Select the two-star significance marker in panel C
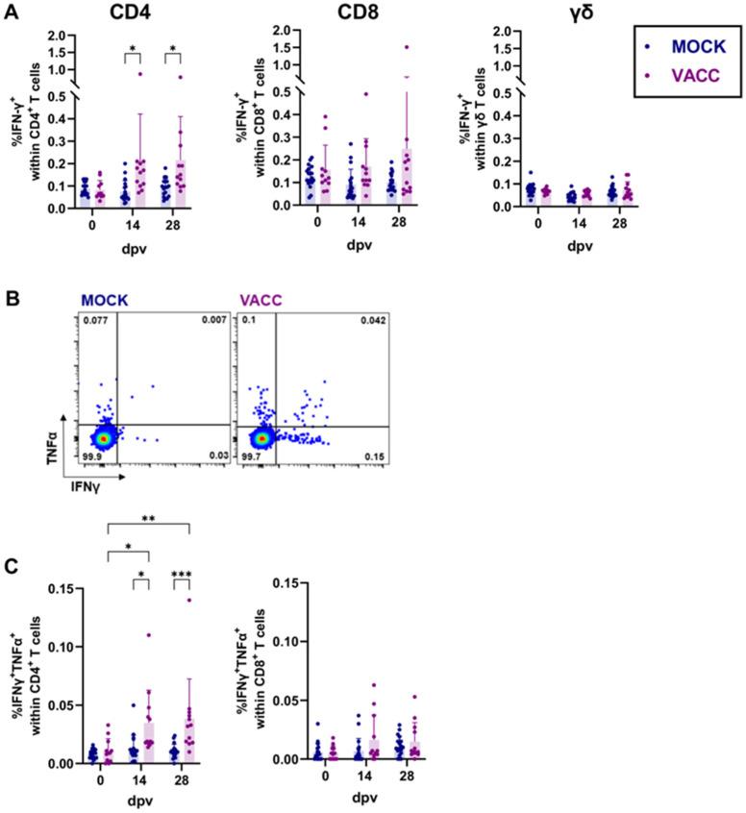coord(149,516)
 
